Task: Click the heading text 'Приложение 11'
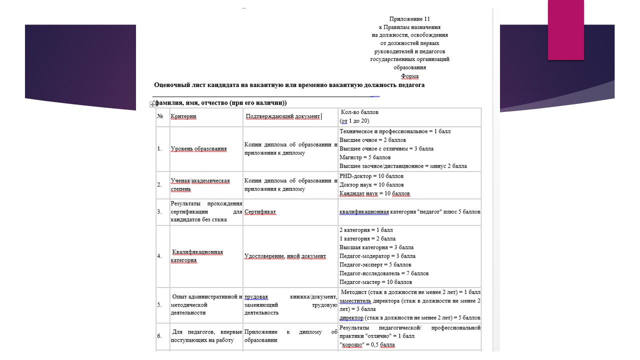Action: pos(409,19)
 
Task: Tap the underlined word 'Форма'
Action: pos(409,76)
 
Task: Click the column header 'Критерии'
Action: pos(183,116)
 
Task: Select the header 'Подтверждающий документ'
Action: pos(282,116)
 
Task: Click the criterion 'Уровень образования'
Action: pos(198,149)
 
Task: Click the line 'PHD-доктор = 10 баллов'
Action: pos(371,176)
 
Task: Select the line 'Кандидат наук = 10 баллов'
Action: pos(374,193)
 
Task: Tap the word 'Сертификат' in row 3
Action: pos(260,212)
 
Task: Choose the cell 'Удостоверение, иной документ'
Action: pos(285,256)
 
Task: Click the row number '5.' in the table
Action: pos(159,304)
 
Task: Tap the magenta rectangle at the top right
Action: pos(565,30)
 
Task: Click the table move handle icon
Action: pos(152,104)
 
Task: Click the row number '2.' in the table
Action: pos(159,185)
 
